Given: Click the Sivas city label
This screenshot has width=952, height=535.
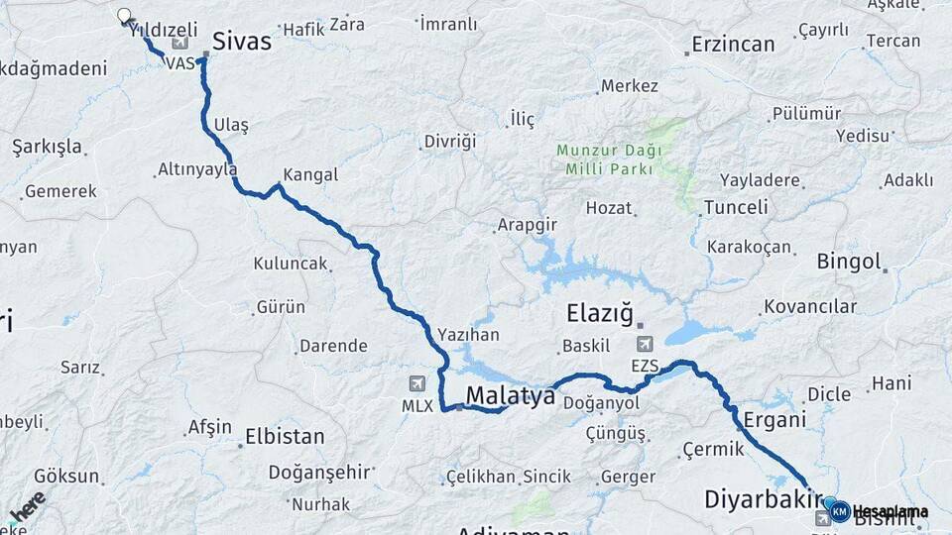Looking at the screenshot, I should pos(243,41).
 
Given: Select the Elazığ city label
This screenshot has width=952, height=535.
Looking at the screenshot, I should pos(599,314).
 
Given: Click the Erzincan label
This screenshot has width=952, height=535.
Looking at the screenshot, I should pos(733,45).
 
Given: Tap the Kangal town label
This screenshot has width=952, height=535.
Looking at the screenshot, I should pos(310,175).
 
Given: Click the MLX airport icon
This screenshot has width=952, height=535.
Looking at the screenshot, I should pos(417,383).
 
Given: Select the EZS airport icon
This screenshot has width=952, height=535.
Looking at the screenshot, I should pos(645,344).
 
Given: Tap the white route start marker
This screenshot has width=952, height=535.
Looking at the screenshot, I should pos(124,16).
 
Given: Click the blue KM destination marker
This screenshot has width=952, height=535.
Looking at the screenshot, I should pos(839,511).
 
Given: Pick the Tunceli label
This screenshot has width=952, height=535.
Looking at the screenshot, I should pos(735,207).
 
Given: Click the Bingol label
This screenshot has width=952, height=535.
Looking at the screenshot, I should pos(849,263).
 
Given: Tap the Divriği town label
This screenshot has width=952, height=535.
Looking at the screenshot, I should pos(450,141).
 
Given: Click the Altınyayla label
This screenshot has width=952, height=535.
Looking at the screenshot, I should pos(197,169).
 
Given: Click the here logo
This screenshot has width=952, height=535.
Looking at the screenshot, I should pos(27,505).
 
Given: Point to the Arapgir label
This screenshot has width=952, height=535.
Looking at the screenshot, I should pos(526,225).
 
